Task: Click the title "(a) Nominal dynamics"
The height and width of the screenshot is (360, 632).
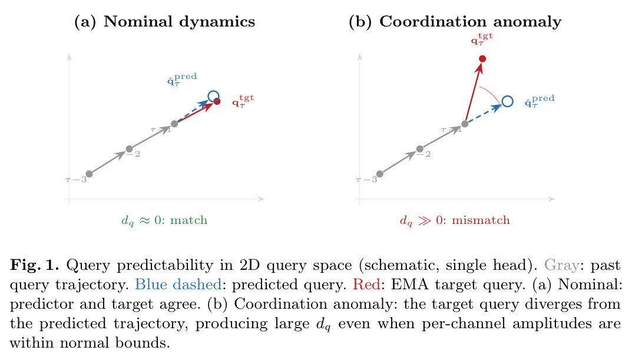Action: click(x=164, y=21)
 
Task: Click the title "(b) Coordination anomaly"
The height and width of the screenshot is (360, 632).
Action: click(x=455, y=21)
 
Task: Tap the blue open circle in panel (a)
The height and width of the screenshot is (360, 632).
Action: click(x=213, y=97)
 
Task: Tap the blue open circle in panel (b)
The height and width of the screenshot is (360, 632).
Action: click(x=508, y=101)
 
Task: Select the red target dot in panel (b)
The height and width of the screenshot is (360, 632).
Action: click(x=482, y=59)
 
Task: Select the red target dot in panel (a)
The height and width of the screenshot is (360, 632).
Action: click(x=217, y=101)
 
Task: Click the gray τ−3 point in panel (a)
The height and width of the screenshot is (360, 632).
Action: click(x=90, y=174)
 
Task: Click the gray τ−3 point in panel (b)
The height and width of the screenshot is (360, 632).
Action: click(x=380, y=174)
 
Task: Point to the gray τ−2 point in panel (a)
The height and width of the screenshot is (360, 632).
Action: click(x=130, y=148)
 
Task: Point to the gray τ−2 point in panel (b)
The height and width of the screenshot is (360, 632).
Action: click(x=419, y=148)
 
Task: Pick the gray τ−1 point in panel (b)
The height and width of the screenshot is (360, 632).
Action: click(x=465, y=124)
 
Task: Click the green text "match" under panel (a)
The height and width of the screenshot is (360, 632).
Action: click(x=188, y=220)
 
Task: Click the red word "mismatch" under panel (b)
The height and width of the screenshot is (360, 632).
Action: click(x=481, y=220)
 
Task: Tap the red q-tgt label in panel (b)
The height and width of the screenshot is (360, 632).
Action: click(x=482, y=39)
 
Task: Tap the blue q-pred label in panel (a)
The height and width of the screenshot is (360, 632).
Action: click(x=182, y=80)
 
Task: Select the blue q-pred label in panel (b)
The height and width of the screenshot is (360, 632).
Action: click(x=540, y=101)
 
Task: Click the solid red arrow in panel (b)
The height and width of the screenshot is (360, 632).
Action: click(x=473, y=93)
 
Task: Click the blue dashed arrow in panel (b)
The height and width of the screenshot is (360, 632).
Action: click(x=484, y=113)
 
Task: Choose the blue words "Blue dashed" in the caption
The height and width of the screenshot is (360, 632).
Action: click(x=178, y=285)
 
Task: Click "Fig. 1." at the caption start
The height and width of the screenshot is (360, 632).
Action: click(x=35, y=265)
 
